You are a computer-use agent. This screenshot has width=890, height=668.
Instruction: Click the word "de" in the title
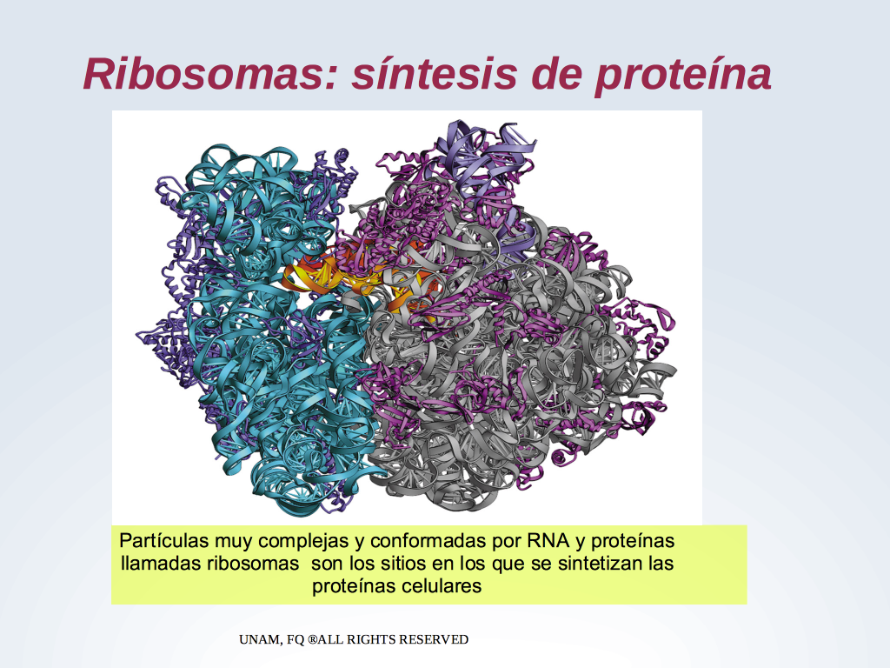click(556, 74)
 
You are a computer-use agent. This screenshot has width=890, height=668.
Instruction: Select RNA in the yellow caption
click(548, 540)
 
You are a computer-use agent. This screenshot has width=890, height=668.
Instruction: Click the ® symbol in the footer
click(312, 639)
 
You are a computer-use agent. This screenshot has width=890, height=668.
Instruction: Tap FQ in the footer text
click(296, 640)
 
